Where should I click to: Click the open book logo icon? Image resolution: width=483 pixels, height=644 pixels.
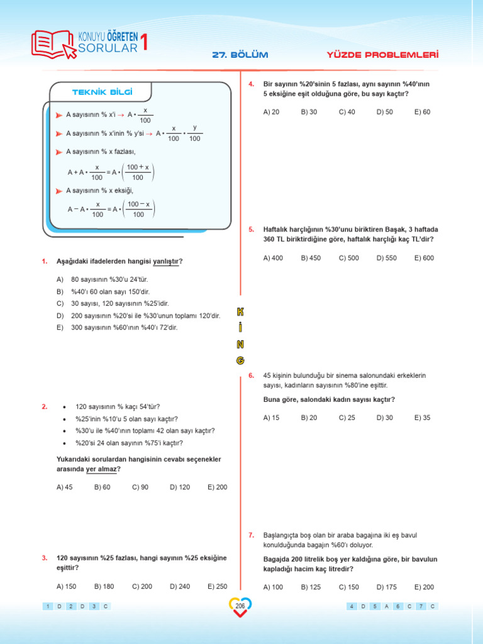pos(53,43)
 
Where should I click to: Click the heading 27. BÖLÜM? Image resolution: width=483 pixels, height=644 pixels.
pos(240,55)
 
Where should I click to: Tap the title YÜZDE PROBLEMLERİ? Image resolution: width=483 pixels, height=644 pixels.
pos(382,55)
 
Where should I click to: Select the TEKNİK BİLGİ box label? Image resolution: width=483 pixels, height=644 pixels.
pos(103,92)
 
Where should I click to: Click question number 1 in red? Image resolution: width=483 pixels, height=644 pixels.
pos(45,261)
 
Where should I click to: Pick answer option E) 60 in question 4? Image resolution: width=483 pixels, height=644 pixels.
pos(422,112)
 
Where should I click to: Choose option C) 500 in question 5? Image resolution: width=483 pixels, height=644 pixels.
pos(348,258)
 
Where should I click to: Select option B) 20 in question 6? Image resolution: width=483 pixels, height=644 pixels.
pos(309,418)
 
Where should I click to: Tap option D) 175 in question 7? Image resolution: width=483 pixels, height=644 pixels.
pos(386,587)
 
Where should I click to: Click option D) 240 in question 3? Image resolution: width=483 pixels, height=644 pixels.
pos(180,586)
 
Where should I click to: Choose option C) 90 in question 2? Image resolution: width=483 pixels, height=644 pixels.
pos(140,487)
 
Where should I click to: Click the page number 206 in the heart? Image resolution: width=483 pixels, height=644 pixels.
pos(240,606)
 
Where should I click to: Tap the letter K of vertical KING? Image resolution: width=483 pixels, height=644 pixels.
pos(240,313)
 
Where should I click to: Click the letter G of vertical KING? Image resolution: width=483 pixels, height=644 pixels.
pos(240,360)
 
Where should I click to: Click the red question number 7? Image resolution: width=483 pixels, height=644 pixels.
pos(251,535)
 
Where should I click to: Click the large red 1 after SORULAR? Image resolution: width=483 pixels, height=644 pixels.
pos(146,43)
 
